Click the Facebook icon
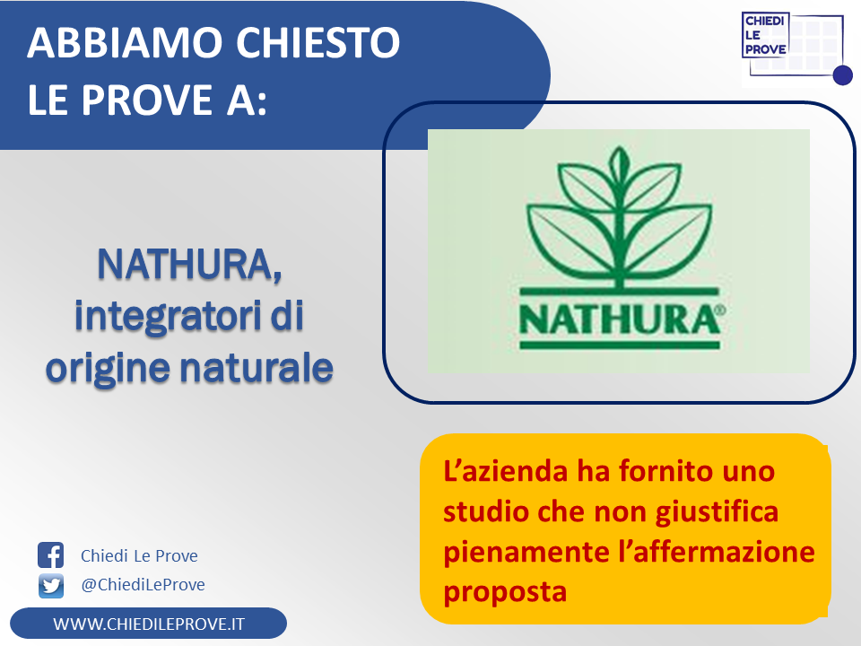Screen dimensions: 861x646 click(50, 554)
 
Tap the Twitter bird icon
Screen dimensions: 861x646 click(51, 586)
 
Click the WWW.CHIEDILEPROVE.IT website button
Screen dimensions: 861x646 click(148, 624)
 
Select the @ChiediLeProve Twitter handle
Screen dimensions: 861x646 click(143, 584)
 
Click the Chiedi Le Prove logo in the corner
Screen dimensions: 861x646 click(796, 48)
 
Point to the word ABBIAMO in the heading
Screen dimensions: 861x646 click(124, 43)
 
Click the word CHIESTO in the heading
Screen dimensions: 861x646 click(317, 43)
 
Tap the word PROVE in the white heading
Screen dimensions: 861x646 click(146, 100)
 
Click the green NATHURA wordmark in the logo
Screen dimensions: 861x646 click(619, 319)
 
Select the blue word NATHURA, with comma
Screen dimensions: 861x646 click(189, 265)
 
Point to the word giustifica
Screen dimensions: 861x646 click(717, 513)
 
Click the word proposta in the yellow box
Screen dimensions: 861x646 click(505, 593)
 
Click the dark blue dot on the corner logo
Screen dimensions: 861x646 click(842, 75)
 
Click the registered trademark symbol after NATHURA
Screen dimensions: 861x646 click(721, 310)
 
